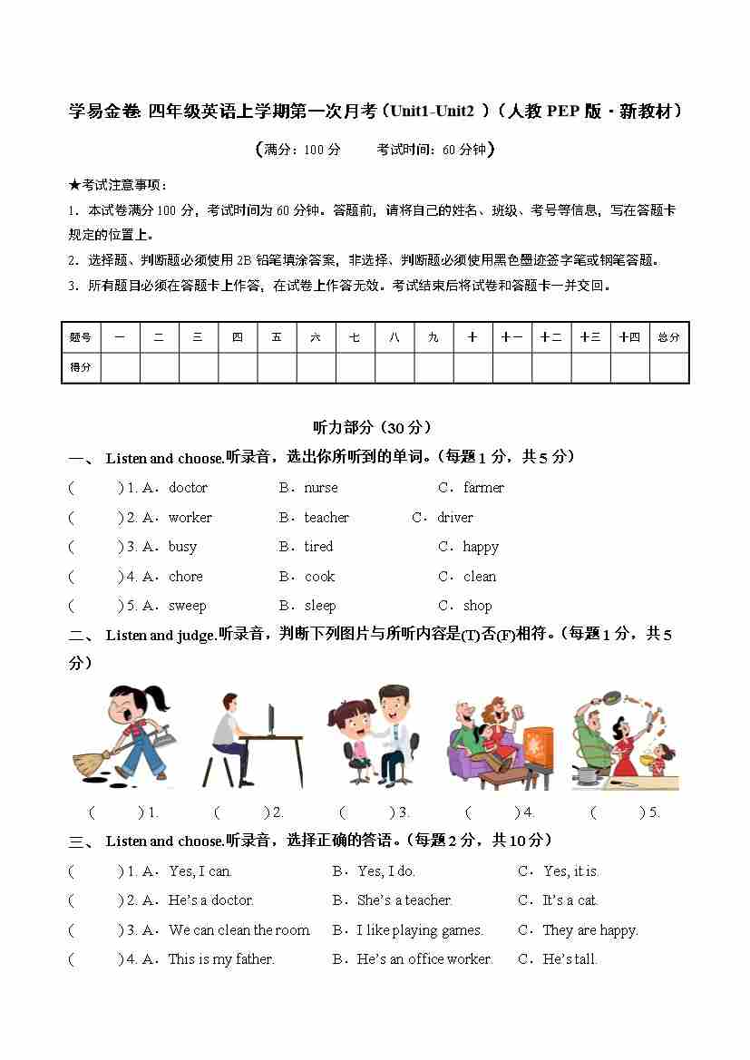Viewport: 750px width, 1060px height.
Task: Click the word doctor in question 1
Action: (188, 488)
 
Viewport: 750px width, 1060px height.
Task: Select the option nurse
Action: (320, 488)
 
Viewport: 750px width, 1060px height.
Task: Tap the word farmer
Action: (483, 488)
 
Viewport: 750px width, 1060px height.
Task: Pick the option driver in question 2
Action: (454, 518)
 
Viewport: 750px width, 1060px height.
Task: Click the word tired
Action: (318, 547)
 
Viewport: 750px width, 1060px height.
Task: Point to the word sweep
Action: (187, 606)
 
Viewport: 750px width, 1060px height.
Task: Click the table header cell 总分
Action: (668, 337)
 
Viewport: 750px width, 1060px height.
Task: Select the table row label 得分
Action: (81, 367)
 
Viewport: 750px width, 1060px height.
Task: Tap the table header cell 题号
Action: (81, 337)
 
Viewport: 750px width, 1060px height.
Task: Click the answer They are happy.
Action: (589, 930)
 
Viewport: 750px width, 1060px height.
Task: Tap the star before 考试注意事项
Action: (74, 185)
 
